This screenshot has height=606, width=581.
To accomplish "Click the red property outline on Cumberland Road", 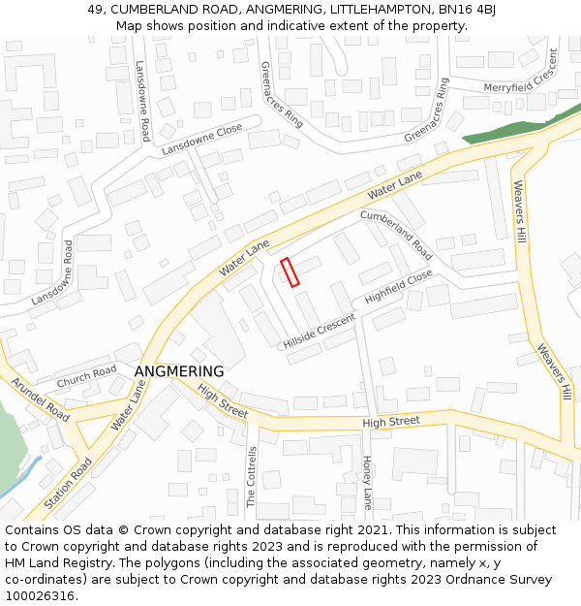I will (x=290, y=271).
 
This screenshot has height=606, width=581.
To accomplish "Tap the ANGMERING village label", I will (x=179, y=371).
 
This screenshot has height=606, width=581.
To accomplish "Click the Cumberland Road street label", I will (x=396, y=234).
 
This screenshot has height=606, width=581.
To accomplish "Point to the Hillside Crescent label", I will (x=321, y=332).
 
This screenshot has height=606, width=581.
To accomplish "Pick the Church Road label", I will (x=86, y=377).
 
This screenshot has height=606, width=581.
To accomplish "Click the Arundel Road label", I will (x=41, y=399).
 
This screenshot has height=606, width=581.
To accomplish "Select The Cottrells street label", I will (x=252, y=478).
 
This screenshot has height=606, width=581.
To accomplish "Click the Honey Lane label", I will (x=367, y=483).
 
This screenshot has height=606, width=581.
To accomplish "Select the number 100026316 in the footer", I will (x=40, y=595).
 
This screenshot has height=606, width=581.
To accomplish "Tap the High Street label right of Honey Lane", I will (x=391, y=422).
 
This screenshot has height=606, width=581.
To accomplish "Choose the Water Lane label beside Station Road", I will (x=128, y=405).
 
